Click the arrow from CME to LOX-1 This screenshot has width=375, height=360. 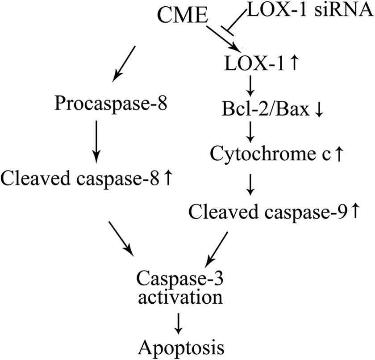click(224, 38)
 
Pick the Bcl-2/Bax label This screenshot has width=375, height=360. click(266, 109)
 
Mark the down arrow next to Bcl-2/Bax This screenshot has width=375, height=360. click(319, 110)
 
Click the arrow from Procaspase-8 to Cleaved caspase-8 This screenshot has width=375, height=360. click(96, 142)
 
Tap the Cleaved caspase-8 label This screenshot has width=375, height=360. click(80, 179)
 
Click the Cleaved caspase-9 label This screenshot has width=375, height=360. click(267, 212)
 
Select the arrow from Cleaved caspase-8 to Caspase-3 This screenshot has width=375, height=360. click(121, 239)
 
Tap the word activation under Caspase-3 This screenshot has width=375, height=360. click(180, 297)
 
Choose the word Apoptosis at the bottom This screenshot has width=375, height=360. click(181, 348)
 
